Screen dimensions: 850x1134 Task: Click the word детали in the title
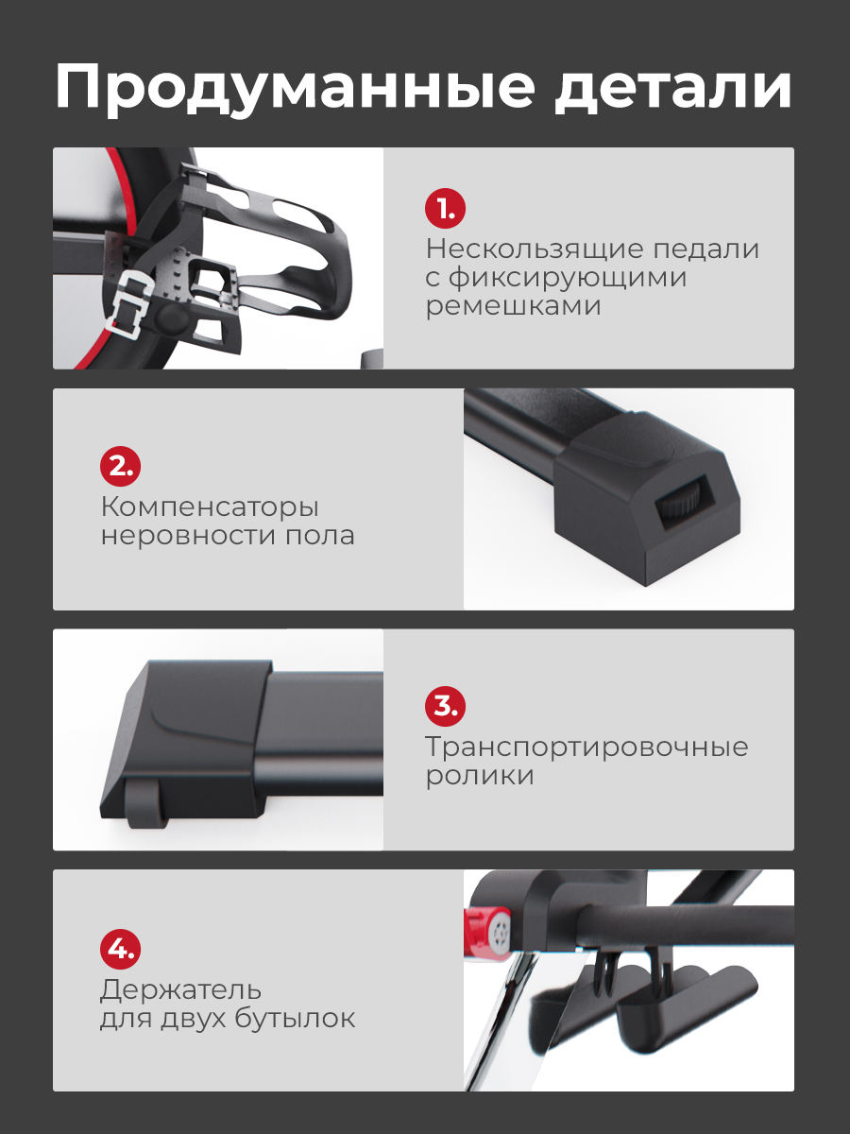coord(673,89)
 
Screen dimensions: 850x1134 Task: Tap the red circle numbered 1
coord(445,209)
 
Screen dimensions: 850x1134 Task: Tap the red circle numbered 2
coord(120,467)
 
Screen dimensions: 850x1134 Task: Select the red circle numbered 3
coord(445,706)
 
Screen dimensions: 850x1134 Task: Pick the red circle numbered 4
coord(120,949)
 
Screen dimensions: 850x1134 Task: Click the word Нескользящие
coord(535,249)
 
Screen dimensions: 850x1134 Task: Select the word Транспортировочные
coord(586,747)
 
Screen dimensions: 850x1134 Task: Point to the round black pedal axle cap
coord(171,318)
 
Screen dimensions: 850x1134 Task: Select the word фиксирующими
coord(568,279)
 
